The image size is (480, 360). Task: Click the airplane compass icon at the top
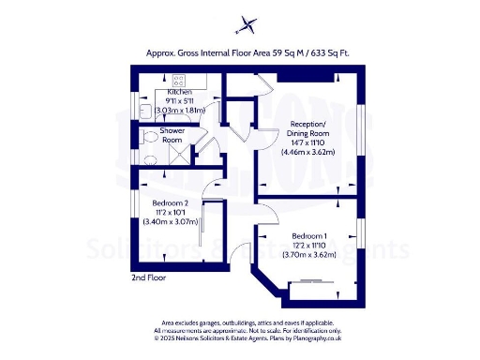(x=247, y=23)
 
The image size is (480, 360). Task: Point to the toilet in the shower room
(x=146, y=137)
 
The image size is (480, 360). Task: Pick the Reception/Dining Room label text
(x=308, y=129)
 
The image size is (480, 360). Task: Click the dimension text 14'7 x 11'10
(x=308, y=145)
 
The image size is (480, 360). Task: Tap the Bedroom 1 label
(x=309, y=235)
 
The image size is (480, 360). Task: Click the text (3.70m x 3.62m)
(x=309, y=254)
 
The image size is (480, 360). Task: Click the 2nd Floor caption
(x=150, y=278)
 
